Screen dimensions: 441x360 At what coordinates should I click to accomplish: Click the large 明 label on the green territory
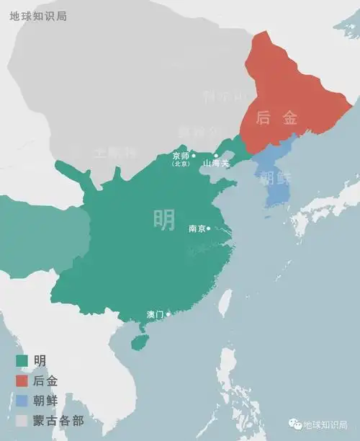[164, 219]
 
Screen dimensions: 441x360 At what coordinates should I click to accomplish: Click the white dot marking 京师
[194, 155]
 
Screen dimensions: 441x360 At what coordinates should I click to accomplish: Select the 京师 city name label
[181, 155]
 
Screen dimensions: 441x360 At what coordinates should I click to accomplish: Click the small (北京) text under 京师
[180, 164]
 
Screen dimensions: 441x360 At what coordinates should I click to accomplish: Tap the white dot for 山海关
[215, 155]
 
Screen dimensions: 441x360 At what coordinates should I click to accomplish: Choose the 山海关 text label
[215, 164]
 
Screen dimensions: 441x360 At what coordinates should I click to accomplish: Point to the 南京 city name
[197, 228]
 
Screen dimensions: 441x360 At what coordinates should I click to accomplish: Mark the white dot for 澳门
[168, 314]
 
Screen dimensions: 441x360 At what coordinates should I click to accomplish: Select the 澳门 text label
[155, 315]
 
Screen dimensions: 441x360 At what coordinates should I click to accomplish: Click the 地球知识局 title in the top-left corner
[38, 15]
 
